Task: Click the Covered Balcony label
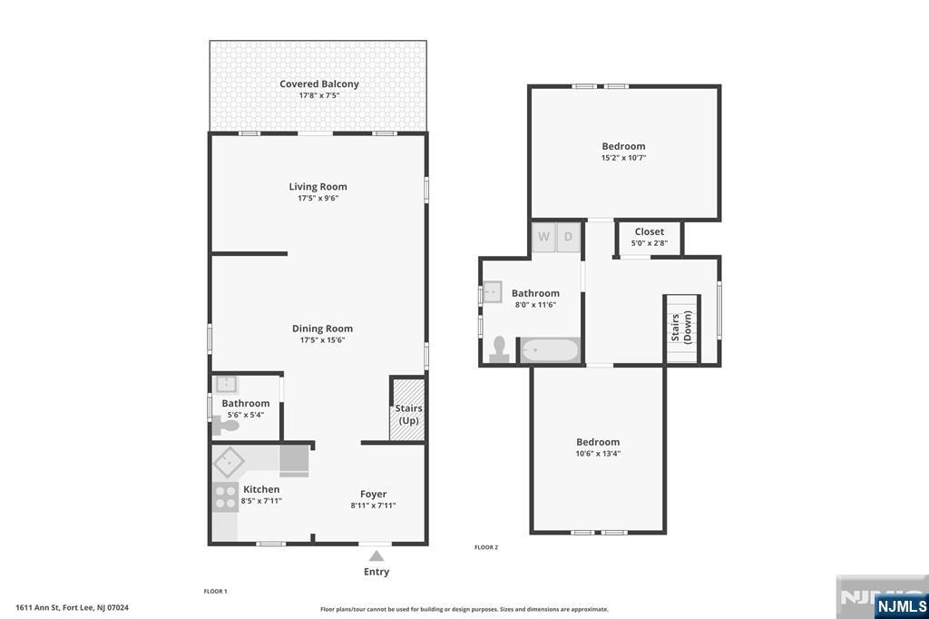pyautogui.click(x=318, y=84)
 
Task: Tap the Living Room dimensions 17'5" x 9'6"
pyautogui.click(x=318, y=198)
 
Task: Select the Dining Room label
pyautogui.click(x=322, y=329)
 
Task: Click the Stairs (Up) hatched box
pyautogui.click(x=407, y=409)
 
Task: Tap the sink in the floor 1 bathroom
pyautogui.click(x=227, y=384)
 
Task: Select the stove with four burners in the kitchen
pyautogui.click(x=224, y=496)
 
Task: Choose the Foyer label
pyautogui.click(x=373, y=494)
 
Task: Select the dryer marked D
pyautogui.click(x=569, y=237)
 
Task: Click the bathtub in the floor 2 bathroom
pyautogui.click(x=549, y=350)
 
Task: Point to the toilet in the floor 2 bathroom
pyautogui.click(x=499, y=350)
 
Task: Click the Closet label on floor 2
pyautogui.click(x=649, y=231)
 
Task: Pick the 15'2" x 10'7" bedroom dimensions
pyautogui.click(x=624, y=158)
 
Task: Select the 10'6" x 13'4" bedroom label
pyautogui.click(x=598, y=442)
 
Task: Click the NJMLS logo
pyautogui.click(x=901, y=605)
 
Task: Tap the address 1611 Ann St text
pyautogui.click(x=72, y=608)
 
